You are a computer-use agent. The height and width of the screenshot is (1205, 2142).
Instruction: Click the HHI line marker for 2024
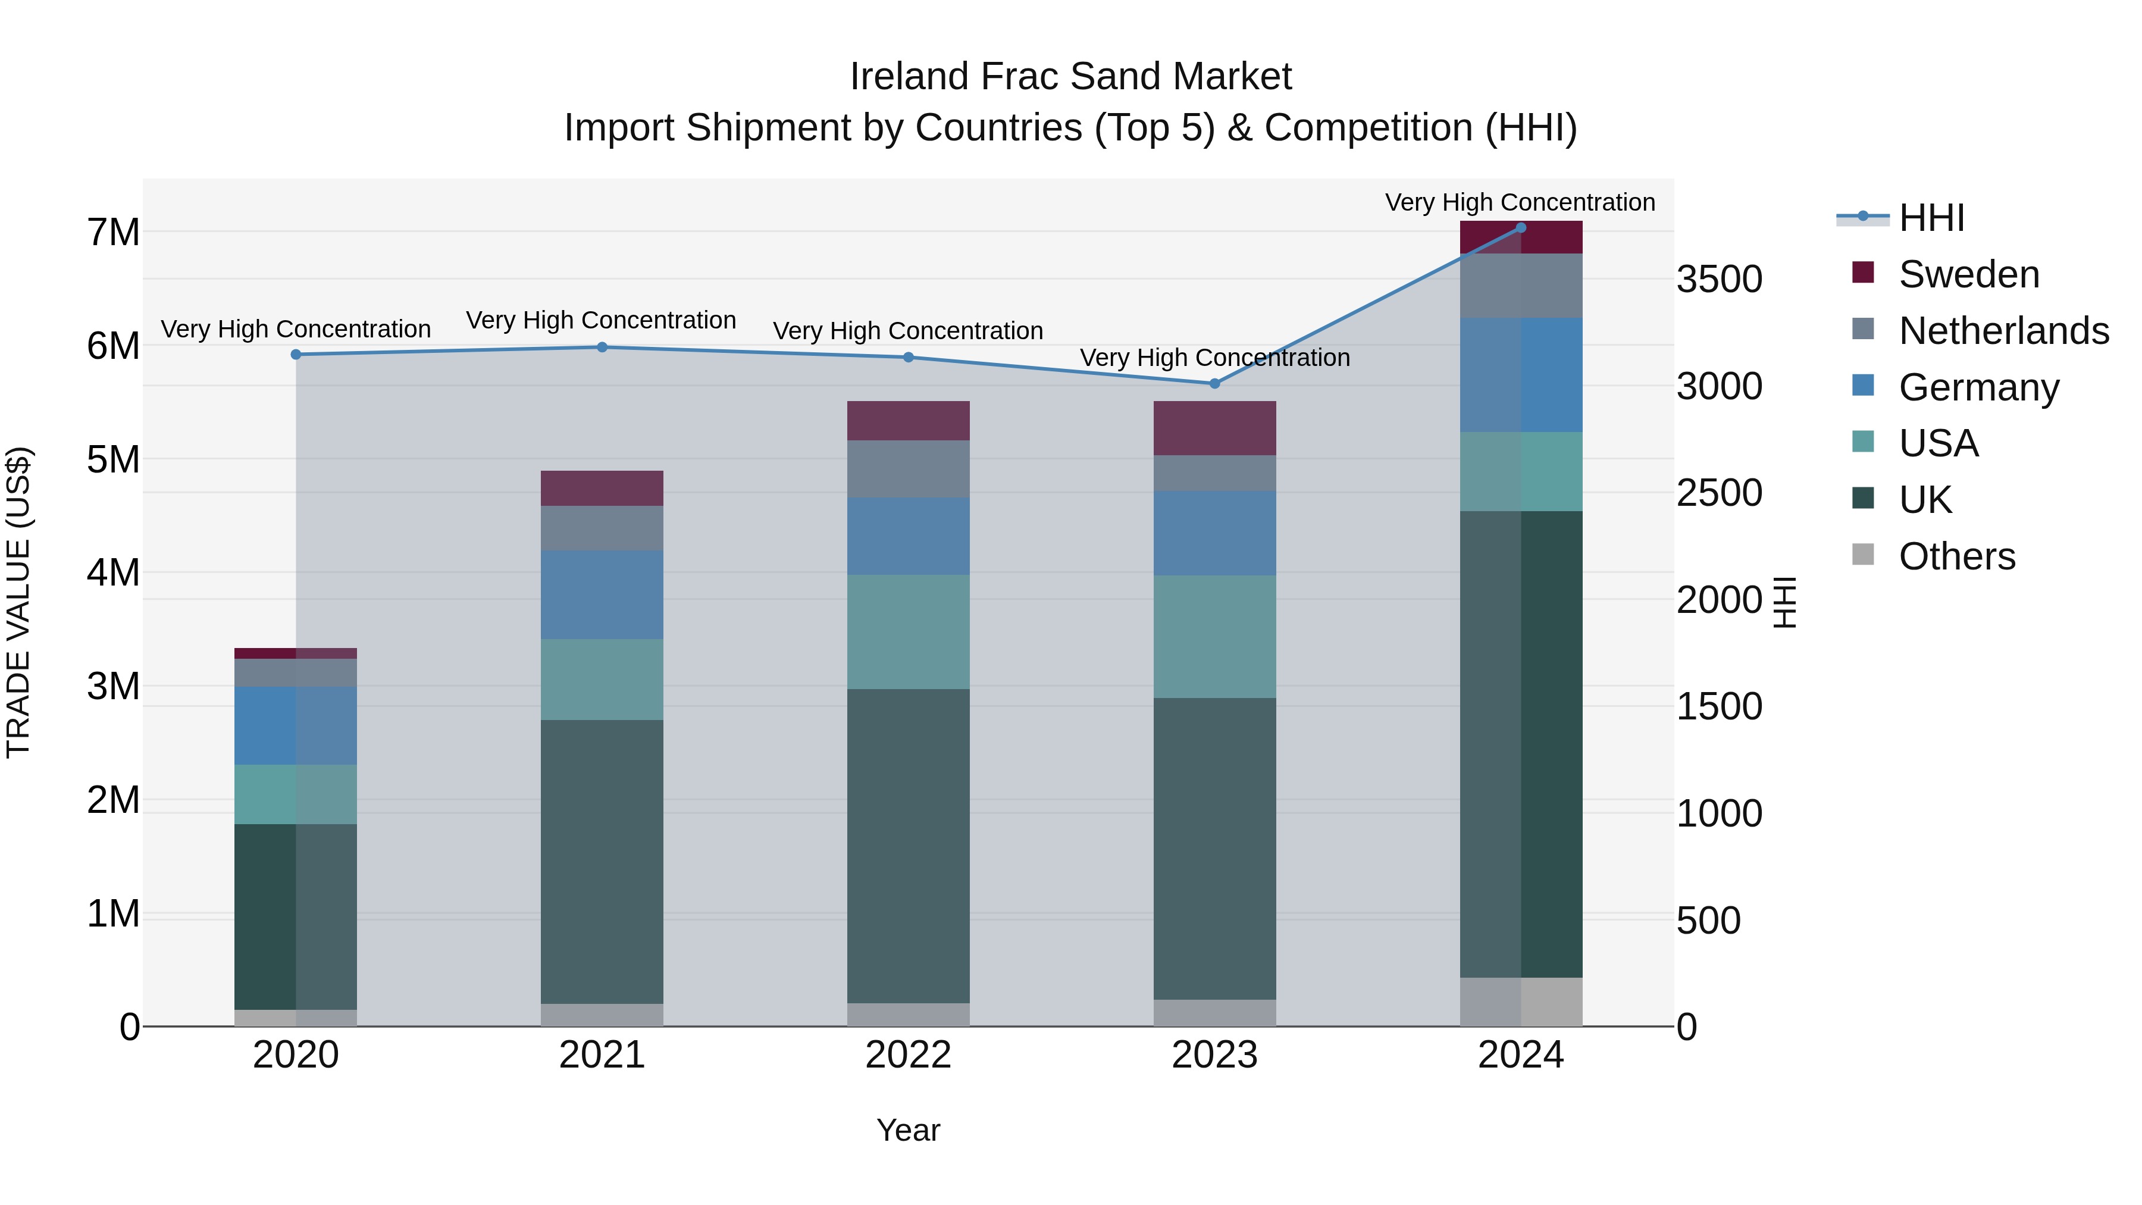click(1521, 227)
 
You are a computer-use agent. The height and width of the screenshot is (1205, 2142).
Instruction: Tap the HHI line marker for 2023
click(1214, 383)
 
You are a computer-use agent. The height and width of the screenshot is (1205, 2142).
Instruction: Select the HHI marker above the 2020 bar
click(296, 354)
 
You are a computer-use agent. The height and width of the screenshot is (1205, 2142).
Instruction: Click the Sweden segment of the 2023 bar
click(1214, 428)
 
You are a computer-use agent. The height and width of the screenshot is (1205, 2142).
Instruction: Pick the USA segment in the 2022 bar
click(908, 632)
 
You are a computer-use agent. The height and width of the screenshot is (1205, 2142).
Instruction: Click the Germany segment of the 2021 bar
click(602, 594)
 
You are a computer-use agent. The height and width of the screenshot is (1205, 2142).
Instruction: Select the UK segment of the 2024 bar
click(1521, 744)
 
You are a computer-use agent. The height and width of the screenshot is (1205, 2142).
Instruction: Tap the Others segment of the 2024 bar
click(1521, 1002)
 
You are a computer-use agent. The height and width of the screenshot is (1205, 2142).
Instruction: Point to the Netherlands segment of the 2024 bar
click(1521, 285)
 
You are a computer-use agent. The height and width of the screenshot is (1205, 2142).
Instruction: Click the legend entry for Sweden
click(1968, 274)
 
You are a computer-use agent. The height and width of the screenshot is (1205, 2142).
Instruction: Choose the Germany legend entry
click(1978, 387)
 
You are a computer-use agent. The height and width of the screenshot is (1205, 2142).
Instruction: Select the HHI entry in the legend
click(1931, 218)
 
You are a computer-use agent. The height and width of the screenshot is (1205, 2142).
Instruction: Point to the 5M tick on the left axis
click(113, 459)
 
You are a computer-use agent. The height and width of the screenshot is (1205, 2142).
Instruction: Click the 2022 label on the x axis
click(908, 1055)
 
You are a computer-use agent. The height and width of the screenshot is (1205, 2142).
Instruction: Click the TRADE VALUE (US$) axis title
click(18, 602)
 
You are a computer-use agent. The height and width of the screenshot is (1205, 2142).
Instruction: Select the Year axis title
click(908, 1130)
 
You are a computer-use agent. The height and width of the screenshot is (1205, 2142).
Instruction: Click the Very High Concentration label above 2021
click(601, 320)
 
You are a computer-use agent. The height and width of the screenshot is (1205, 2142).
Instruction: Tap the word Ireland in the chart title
click(909, 77)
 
